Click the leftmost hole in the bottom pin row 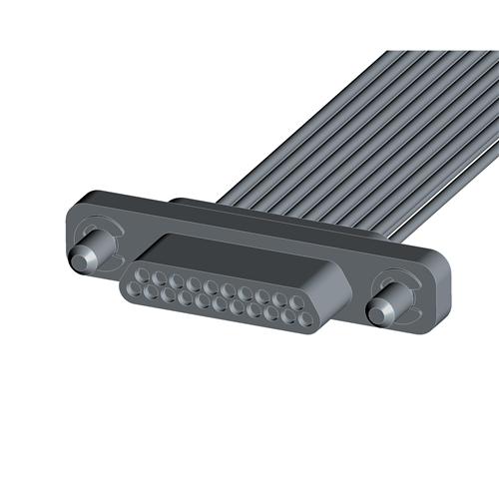137,289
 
